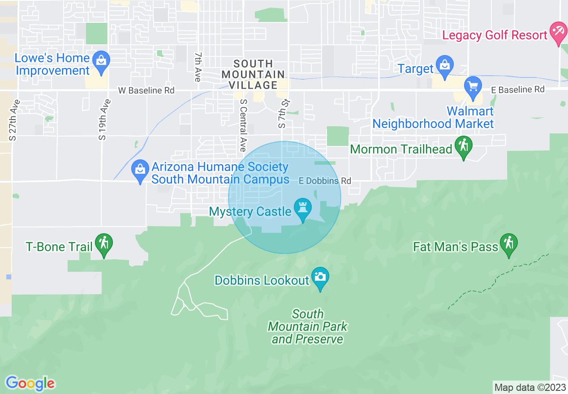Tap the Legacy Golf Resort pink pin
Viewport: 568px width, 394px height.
(558, 33)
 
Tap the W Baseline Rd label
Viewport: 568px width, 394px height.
(146, 90)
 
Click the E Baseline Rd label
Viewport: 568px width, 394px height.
(518, 90)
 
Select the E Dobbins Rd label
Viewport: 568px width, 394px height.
(325, 181)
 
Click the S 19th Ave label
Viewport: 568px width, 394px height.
(103, 120)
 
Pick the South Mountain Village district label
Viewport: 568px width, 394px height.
(253, 74)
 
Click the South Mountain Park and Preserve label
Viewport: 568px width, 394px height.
(308, 326)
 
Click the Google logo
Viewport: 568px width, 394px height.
(30, 383)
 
